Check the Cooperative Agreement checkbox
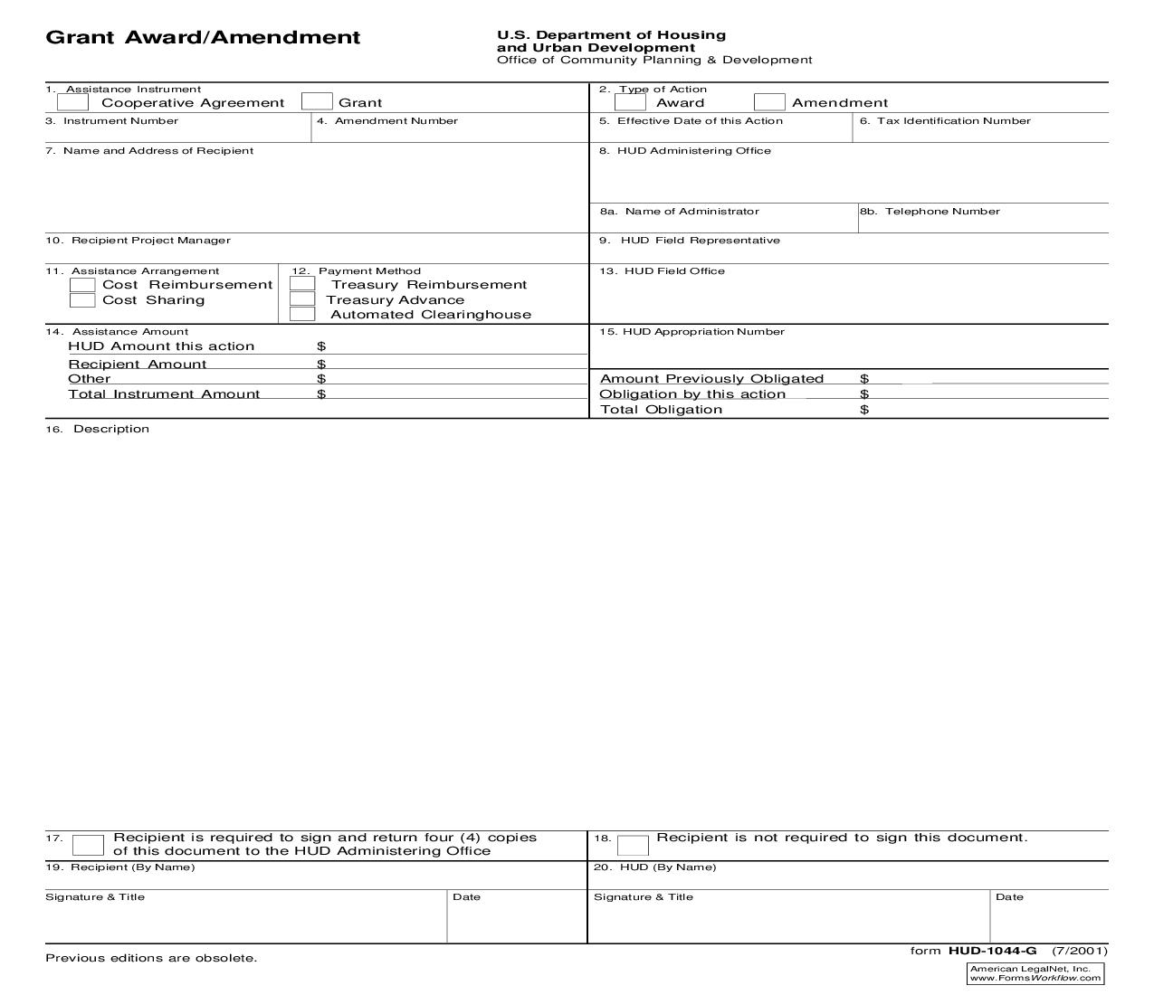tap(72, 102)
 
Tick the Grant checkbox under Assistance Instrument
tap(317, 102)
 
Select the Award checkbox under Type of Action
tap(630, 102)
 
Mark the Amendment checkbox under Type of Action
tap(769, 102)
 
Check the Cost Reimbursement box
tap(82, 285)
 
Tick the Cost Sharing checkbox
tap(82, 300)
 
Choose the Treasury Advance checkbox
tap(302, 299)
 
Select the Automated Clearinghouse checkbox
tap(302, 315)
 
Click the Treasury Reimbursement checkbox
tap(302, 284)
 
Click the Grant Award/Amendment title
tap(203, 38)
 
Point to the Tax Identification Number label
tap(953, 121)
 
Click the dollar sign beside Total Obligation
tap(864, 410)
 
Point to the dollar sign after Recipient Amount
tap(321, 365)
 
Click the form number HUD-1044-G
tap(992, 951)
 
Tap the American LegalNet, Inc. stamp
tap(1035, 973)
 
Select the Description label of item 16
tap(111, 429)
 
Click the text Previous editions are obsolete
tap(151, 958)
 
